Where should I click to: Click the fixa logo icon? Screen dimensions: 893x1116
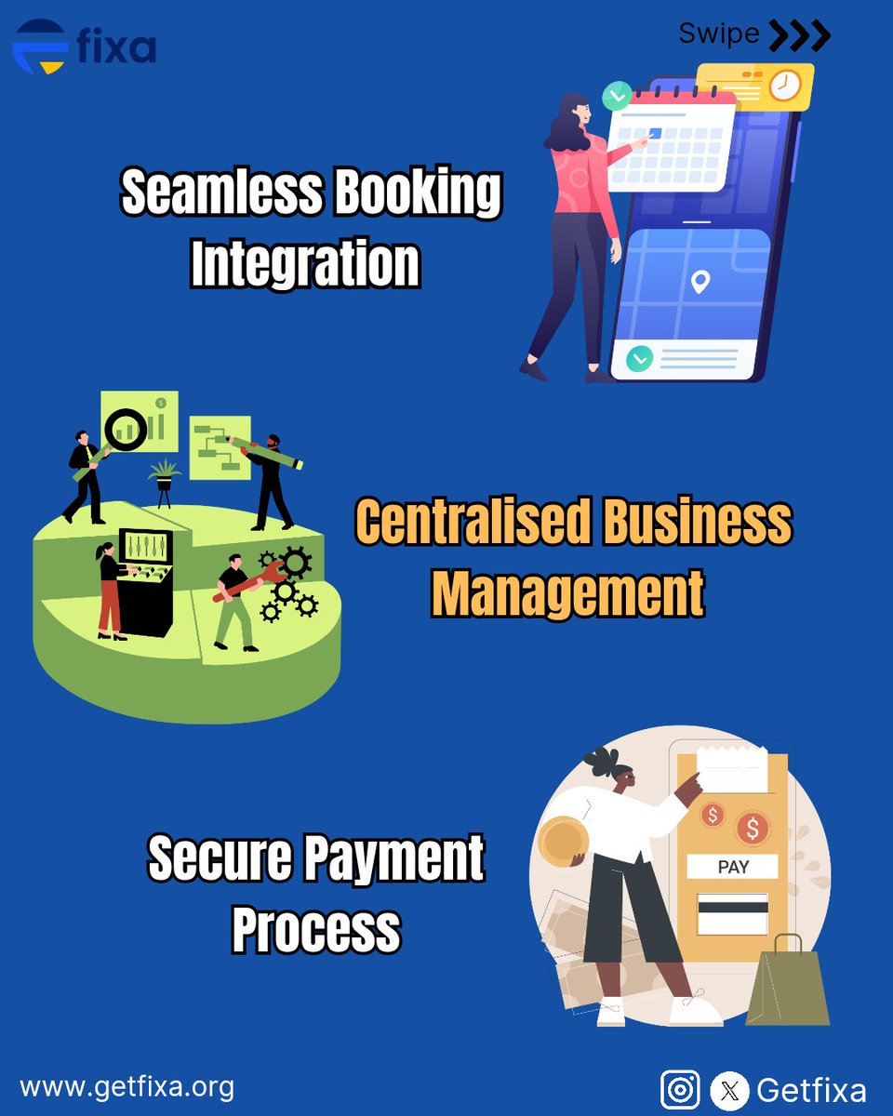40,46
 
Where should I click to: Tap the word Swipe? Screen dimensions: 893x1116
719,34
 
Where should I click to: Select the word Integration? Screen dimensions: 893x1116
305,263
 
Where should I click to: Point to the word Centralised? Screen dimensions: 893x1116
473,521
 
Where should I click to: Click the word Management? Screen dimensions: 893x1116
567,592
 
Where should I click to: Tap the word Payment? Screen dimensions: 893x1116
393,858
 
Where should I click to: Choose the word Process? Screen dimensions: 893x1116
316,928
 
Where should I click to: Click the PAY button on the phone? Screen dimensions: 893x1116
732,867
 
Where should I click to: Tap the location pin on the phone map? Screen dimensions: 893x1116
700,282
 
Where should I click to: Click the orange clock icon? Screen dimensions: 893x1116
784,86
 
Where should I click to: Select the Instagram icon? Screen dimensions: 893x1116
680,1090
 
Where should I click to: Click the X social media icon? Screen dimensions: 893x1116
729,1090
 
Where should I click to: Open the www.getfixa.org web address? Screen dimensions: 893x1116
127,1088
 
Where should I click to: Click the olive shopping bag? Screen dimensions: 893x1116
788,982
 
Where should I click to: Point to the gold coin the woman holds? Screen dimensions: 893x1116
563,843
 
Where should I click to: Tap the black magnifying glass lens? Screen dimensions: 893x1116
126,430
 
